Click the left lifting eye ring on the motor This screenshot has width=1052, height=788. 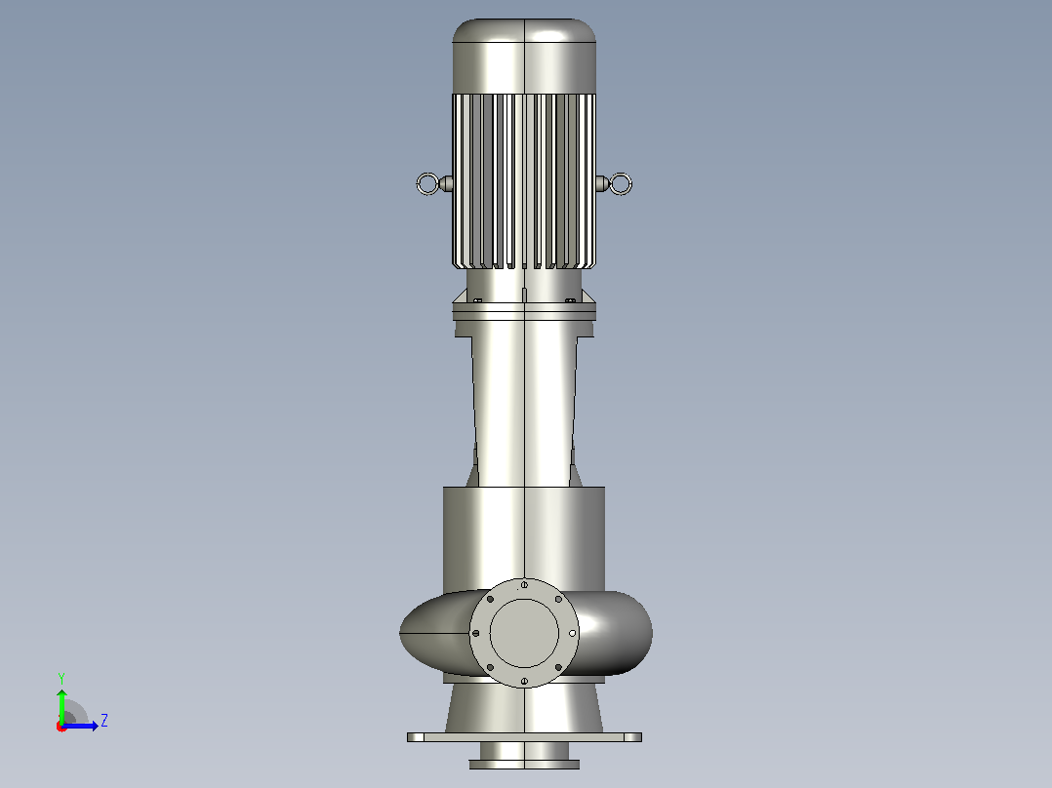pyautogui.click(x=418, y=183)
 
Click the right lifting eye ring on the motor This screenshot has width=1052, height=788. pyautogui.click(x=630, y=183)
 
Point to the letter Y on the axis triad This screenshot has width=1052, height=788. pyautogui.click(x=61, y=678)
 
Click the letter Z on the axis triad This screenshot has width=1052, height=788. pyautogui.click(x=104, y=721)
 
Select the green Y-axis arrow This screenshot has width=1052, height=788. pyautogui.click(x=61, y=705)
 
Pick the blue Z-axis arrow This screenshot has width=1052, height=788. pyautogui.click(x=80, y=726)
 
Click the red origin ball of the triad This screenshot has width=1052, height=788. pyautogui.click(x=61, y=727)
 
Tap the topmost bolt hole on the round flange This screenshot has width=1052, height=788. pyautogui.click(x=524, y=585)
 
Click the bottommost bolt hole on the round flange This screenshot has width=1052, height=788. pyautogui.click(x=524, y=682)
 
